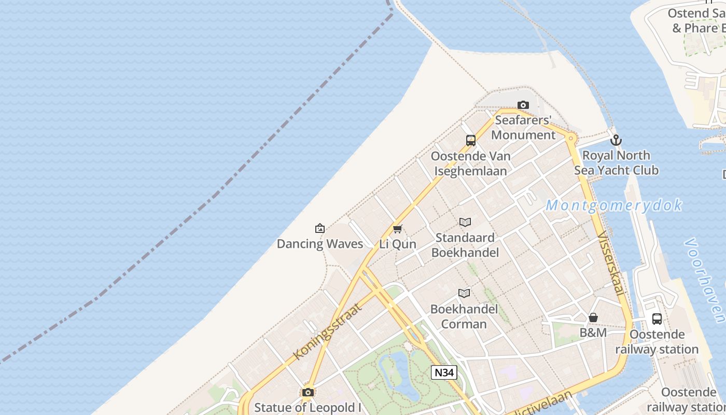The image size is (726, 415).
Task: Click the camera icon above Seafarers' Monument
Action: point(523,105)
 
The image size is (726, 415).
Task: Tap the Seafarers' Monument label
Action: point(523,128)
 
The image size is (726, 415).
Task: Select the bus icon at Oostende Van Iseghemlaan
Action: point(471,140)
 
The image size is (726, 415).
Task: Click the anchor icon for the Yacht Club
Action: point(616,140)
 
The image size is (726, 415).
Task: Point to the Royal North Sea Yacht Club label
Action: point(616,163)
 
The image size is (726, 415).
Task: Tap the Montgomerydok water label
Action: point(614,205)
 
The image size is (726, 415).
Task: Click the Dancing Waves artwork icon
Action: point(320,228)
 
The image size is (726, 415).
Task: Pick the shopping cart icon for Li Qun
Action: point(398,229)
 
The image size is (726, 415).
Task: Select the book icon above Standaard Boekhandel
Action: point(465,223)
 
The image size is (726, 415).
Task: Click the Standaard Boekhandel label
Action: point(465,245)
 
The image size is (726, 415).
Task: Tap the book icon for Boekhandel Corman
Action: point(464,294)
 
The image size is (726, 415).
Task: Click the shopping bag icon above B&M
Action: point(593,317)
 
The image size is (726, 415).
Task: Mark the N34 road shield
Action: point(444,372)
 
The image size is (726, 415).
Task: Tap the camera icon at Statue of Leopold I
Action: point(308,392)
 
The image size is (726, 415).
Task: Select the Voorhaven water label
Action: point(705,280)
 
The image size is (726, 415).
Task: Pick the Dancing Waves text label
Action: point(320,244)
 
